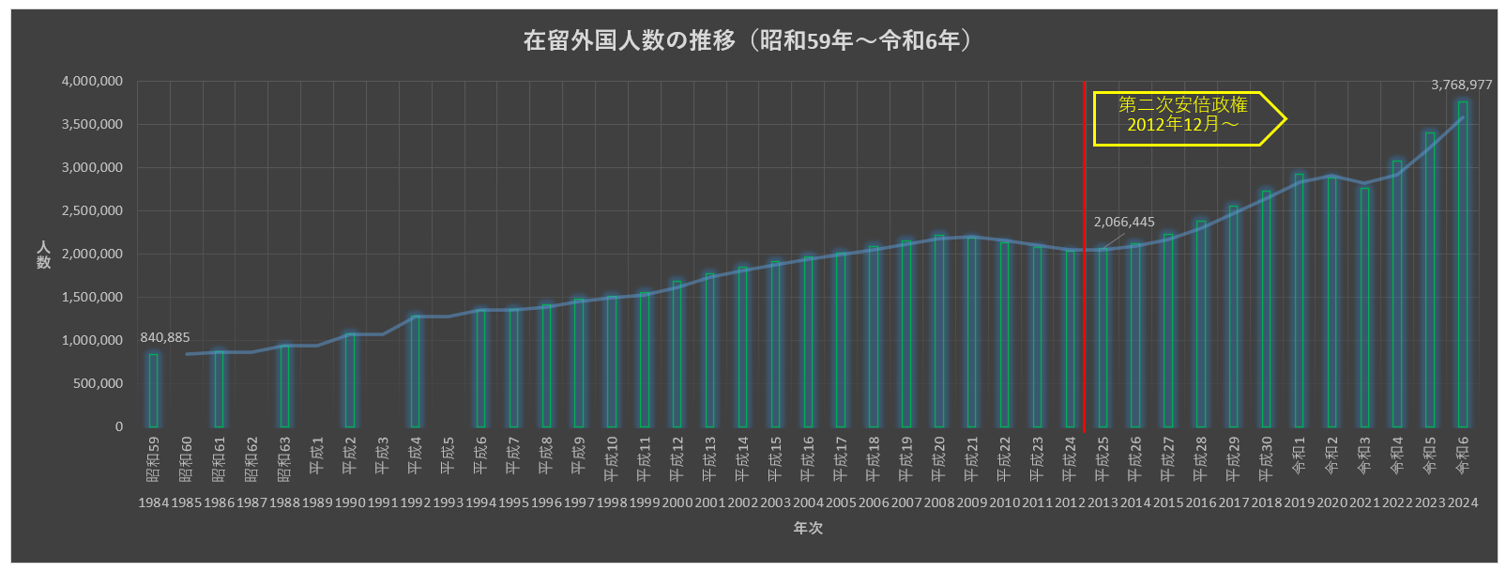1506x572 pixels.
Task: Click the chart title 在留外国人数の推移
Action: click(746, 40)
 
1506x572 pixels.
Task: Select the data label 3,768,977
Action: click(1461, 85)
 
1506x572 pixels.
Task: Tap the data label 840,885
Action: click(165, 337)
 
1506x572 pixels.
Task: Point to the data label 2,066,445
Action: click(1124, 222)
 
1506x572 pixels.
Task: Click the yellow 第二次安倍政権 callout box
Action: click(1184, 118)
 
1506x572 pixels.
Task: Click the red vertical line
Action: click(1086, 282)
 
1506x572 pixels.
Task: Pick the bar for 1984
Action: click(154, 391)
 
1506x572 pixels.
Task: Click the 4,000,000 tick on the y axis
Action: click(92, 82)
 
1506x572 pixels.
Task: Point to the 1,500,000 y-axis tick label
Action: click(92, 298)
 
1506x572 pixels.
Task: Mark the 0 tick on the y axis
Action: click(118, 426)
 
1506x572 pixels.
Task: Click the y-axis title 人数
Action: click(43, 255)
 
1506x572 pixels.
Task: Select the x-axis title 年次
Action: click(808, 528)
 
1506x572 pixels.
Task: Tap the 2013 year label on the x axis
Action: click(1103, 502)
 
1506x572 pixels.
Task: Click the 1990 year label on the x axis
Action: click(350, 502)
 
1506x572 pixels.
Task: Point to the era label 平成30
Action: click(1266, 459)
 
